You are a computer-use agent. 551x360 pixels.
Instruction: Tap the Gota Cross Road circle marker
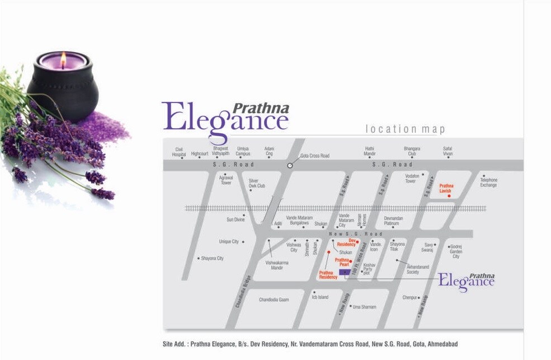click(x=290, y=165)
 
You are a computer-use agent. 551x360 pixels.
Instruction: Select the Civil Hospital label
click(x=179, y=151)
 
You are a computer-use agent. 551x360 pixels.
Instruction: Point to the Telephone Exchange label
click(x=488, y=183)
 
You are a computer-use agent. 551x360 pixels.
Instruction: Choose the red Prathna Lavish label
click(x=446, y=188)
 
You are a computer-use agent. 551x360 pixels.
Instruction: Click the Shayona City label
click(x=213, y=258)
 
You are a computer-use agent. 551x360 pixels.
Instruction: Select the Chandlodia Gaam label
click(x=274, y=300)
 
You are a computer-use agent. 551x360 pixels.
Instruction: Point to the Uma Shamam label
click(x=365, y=307)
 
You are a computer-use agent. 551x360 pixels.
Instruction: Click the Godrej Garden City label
click(x=456, y=251)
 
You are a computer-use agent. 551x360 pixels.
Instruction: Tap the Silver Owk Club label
click(x=257, y=183)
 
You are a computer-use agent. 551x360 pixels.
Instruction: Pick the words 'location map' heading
click(x=405, y=129)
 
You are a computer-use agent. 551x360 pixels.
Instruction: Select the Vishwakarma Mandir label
click(x=277, y=265)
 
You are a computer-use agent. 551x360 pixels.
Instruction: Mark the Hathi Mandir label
click(x=370, y=151)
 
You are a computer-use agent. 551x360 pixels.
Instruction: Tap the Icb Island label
click(x=320, y=297)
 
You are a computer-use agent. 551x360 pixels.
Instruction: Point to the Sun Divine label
click(x=236, y=219)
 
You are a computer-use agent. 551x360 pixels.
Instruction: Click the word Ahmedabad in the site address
click(x=442, y=344)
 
